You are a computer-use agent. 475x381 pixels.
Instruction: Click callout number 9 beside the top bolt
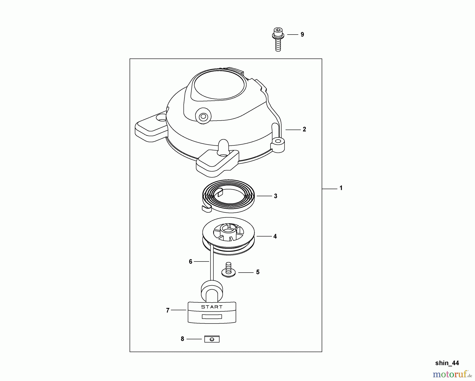pyautogui.click(x=302, y=35)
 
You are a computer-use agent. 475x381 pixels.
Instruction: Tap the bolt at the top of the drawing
pyautogui.click(x=278, y=39)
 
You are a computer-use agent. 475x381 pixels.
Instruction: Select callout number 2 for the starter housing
pyautogui.click(x=304, y=129)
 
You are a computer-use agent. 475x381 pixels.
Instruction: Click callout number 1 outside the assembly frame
pyautogui.click(x=341, y=188)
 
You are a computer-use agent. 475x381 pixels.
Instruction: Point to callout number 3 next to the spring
pyautogui.click(x=275, y=196)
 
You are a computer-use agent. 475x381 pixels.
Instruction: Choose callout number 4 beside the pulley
pyautogui.click(x=275, y=236)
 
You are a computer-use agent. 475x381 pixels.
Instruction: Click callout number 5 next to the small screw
pyautogui.click(x=258, y=272)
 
